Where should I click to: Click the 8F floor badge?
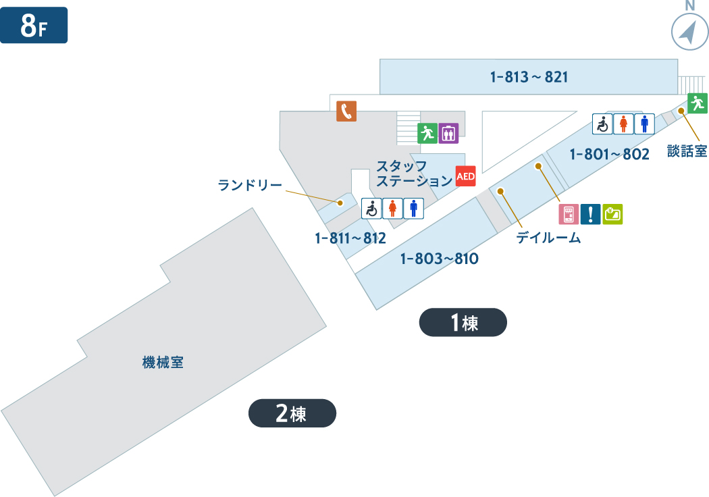34,26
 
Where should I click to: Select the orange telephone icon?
346,111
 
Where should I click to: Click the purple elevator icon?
448,133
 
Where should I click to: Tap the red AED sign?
466,176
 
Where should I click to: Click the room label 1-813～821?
529,77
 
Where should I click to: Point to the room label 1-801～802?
609,154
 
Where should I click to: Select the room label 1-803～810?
439,258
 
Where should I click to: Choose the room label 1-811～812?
350,238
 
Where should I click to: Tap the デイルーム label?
548,238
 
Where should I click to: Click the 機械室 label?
163,363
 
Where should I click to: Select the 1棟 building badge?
463,323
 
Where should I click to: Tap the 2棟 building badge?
292,413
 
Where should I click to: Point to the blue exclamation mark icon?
591,214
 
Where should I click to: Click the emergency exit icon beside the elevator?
427,133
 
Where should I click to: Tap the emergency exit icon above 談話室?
698,103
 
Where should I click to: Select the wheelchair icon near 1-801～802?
602,124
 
